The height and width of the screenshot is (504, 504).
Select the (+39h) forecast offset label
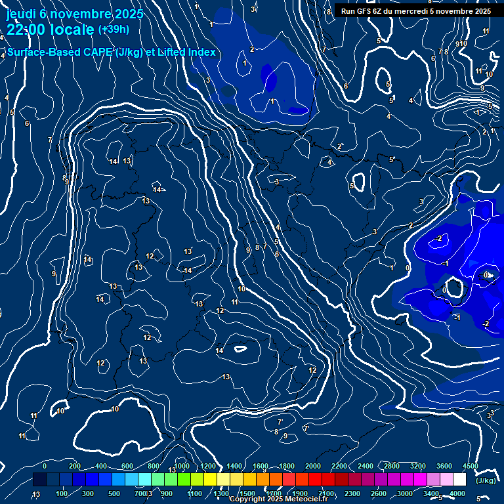tap(114, 30)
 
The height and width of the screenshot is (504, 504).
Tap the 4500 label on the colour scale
tap(470, 466)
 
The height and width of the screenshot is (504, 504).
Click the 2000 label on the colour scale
tap(313, 466)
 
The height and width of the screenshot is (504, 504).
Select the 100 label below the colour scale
tap(62, 493)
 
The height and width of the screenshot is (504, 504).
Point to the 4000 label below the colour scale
tap(457, 493)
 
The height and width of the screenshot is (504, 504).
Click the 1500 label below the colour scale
tap(247, 493)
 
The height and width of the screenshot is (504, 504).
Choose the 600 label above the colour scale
tap(127, 466)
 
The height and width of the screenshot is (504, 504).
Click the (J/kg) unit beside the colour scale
tap(485, 480)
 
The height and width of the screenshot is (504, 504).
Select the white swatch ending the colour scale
tap(459, 480)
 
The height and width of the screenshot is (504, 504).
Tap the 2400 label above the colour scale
tap(365, 466)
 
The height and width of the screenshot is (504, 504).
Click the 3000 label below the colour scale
tap(405, 493)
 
